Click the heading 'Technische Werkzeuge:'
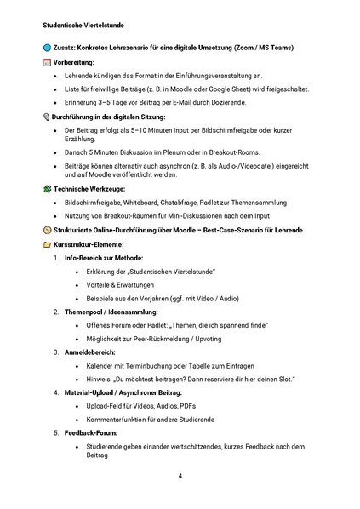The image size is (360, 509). coord(89,188)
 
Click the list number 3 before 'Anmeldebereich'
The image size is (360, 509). coord(56,352)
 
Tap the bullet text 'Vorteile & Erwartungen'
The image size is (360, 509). coord(121,285)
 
